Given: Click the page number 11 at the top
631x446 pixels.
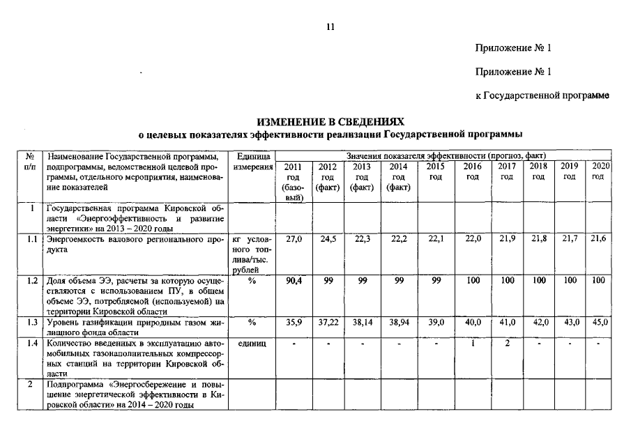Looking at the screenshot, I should pyautogui.click(x=330, y=27).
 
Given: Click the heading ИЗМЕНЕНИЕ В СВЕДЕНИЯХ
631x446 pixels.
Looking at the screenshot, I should pyautogui.click(x=330, y=121).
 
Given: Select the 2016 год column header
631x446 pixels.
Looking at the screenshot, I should pyautogui.click(x=472, y=171).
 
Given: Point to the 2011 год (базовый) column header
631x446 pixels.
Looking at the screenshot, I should pyautogui.click(x=294, y=182).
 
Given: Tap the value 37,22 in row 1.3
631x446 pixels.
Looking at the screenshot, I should pyautogui.click(x=328, y=322).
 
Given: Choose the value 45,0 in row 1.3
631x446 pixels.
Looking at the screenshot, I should pyautogui.click(x=599, y=322).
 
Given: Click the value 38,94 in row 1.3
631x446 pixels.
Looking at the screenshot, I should pyautogui.click(x=398, y=322).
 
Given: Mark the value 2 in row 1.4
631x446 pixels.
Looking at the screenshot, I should pyautogui.click(x=507, y=344).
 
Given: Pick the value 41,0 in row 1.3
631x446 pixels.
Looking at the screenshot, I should pyautogui.click(x=507, y=322).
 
